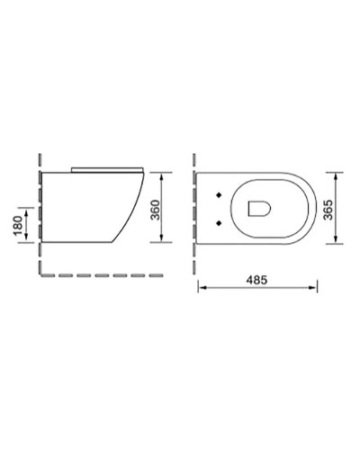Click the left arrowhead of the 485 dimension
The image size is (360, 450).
pos(202,288)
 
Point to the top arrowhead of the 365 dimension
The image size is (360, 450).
pos(336,173)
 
